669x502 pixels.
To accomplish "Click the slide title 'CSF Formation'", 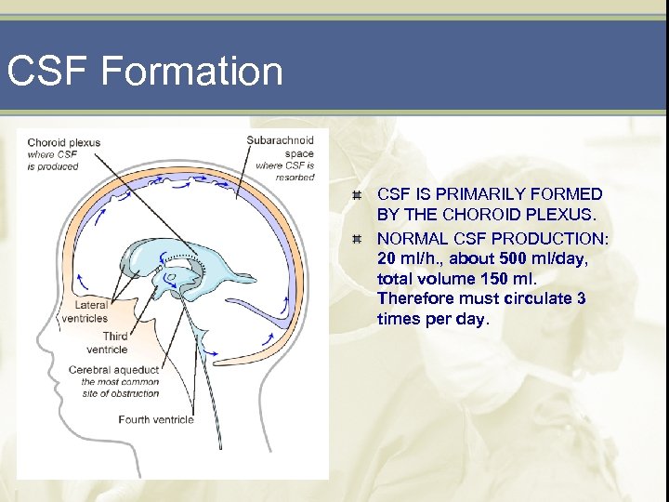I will [144, 72].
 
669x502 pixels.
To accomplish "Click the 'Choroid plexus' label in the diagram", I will [63, 142].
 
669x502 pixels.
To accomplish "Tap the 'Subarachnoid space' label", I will [281, 146].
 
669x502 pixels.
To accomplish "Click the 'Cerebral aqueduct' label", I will [113, 370].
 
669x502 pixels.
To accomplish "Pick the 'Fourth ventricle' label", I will [156, 419].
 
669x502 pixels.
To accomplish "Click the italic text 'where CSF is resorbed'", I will [285, 171].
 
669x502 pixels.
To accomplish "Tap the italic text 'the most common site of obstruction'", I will [120, 388].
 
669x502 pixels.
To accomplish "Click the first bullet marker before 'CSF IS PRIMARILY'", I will [356, 195].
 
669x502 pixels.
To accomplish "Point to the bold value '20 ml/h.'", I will [406, 257].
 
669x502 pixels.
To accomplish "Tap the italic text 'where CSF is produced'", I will [53, 160].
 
